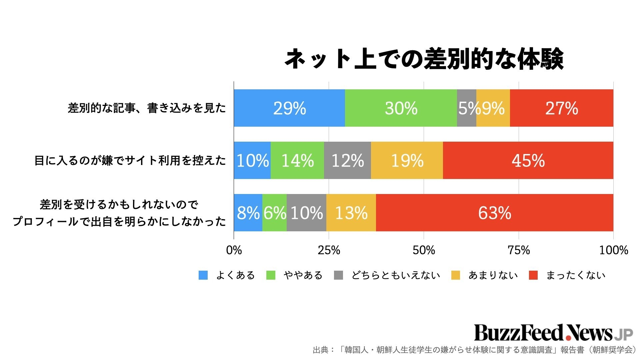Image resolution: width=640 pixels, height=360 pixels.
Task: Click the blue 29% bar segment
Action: click(289, 108)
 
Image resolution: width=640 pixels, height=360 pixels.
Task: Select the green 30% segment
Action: click(401, 108)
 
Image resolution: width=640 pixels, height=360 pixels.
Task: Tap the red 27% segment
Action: click(561, 108)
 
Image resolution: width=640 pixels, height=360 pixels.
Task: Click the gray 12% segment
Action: click(347, 160)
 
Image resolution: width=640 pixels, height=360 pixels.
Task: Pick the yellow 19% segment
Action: click(407, 160)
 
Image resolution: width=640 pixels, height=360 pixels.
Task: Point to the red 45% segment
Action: click(528, 160)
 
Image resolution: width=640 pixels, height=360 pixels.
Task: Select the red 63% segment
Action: click(494, 213)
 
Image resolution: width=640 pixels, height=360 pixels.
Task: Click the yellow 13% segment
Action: click(351, 213)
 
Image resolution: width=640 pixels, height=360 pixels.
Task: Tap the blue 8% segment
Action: click(248, 213)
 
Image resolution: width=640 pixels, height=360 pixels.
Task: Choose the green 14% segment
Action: click(297, 160)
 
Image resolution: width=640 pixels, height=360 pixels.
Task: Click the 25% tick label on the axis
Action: click(329, 250)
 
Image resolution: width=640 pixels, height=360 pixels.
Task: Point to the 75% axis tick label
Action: click(519, 250)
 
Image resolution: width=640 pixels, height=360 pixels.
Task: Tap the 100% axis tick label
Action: click(613, 250)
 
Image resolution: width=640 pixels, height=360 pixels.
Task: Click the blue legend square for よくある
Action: click(203, 275)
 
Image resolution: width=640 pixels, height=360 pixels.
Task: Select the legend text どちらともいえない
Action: click(396, 275)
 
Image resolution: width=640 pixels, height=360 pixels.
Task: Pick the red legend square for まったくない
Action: click(533, 275)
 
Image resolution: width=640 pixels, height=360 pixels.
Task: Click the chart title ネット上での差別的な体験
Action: click(424, 59)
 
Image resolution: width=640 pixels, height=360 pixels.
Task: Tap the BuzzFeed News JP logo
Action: click(553, 332)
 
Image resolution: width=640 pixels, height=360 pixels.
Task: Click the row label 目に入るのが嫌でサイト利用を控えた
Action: click(130, 161)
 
